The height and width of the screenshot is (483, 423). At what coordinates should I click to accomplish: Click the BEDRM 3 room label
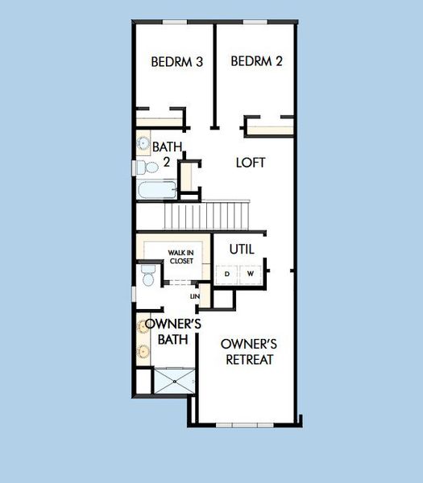(176, 61)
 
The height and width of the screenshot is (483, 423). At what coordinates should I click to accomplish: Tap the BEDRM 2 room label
(255, 61)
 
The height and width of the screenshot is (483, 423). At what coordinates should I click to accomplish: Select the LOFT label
(251, 162)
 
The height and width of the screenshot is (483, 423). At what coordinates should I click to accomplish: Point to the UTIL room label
(242, 249)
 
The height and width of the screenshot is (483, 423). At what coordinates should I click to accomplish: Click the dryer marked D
(226, 274)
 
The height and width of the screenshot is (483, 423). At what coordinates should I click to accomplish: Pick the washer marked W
(251, 274)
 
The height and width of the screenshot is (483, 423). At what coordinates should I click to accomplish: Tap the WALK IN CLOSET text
(180, 257)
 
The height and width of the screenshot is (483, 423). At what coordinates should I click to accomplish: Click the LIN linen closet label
(194, 296)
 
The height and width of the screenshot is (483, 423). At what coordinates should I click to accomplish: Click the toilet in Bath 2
(145, 168)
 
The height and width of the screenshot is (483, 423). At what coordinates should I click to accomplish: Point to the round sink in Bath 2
(143, 145)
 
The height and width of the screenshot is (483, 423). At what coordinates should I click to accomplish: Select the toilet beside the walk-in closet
(147, 276)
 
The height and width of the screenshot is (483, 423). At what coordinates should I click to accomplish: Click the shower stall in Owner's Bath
(173, 381)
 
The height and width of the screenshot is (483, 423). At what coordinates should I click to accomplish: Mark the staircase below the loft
(207, 215)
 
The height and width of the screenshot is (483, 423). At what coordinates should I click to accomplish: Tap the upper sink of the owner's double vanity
(143, 327)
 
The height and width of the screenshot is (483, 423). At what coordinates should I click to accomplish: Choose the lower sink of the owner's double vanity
(143, 351)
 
